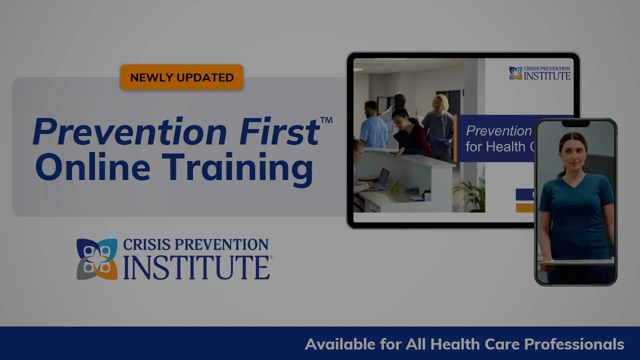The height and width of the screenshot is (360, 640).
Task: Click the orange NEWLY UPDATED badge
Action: coord(181,77)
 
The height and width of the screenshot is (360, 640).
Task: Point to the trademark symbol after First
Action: coord(326,120)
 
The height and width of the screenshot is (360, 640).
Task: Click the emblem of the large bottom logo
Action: coord(96,259)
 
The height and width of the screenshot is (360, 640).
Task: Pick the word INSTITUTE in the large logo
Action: coord(196,268)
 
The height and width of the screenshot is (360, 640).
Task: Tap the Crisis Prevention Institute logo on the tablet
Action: coord(539,73)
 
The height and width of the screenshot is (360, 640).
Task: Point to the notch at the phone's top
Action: coord(575,123)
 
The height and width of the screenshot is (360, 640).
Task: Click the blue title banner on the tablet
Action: coord(495,138)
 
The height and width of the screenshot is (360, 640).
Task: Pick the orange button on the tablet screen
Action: coord(524,207)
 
